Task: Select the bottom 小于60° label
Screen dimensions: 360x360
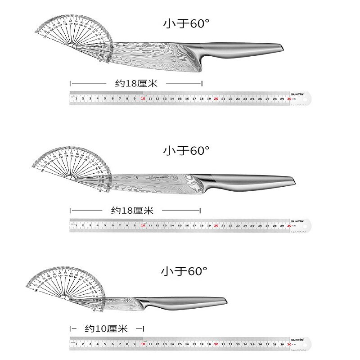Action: [185, 272]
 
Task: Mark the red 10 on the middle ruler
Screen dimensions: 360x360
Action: [143, 225]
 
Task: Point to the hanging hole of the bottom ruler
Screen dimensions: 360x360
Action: [306, 344]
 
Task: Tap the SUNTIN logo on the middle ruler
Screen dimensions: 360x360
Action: [296, 221]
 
